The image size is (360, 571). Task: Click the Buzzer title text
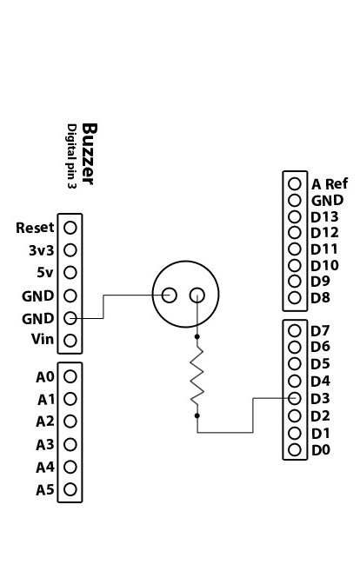tap(90, 154)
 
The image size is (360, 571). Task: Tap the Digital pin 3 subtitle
tap(72, 156)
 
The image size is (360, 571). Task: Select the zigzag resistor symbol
tap(197, 375)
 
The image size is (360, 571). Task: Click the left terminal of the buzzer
tap(169, 295)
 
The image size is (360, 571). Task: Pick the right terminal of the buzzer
tap(197, 295)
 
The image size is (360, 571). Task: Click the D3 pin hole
tap(295, 398)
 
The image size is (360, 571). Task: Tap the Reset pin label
tap(35, 228)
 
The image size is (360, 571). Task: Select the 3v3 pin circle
tap(70, 250)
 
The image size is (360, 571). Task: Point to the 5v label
tap(45, 272)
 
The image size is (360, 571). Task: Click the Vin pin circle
tap(70, 341)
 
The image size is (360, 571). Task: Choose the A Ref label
tap(330, 184)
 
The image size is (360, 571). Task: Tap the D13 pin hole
tap(295, 216)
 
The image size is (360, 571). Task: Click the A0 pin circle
tap(70, 376)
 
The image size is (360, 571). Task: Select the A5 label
tap(45, 490)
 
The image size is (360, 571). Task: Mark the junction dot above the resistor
tap(197, 336)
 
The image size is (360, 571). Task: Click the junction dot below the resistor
tap(197, 415)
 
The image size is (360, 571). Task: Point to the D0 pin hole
tap(295, 450)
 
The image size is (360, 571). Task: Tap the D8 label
tap(320, 298)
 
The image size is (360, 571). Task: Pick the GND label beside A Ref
tap(327, 200)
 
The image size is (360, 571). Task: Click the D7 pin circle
tap(295, 330)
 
